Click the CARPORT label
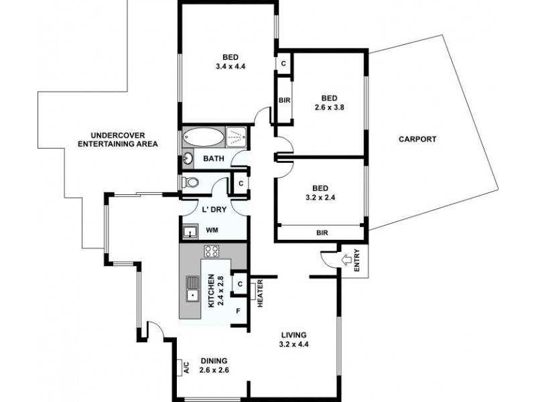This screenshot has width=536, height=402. [x=417, y=139]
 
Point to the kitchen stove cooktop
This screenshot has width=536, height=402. [x=212, y=252]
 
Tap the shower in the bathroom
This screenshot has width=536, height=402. [x=236, y=137]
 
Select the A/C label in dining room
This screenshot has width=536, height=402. [x=186, y=366]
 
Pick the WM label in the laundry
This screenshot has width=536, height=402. [x=212, y=230]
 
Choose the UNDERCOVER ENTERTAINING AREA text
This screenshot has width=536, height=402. [x=118, y=139]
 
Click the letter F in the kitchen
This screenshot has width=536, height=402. [x=238, y=312]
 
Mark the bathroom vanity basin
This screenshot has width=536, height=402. [x=188, y=159]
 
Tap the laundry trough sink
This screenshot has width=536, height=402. [x=190, y=232]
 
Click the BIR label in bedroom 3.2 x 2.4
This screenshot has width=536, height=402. [x=320, y=233]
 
